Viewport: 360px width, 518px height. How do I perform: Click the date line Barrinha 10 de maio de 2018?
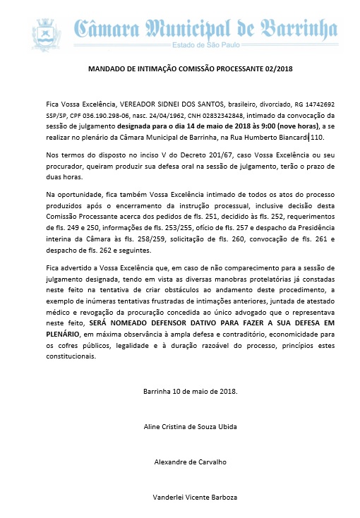pos(191,390)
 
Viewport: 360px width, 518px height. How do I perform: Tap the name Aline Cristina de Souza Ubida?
pos(191,426)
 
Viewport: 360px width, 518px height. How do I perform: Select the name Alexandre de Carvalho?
pos(191,462)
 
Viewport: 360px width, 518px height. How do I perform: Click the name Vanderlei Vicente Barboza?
pos(191,498)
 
